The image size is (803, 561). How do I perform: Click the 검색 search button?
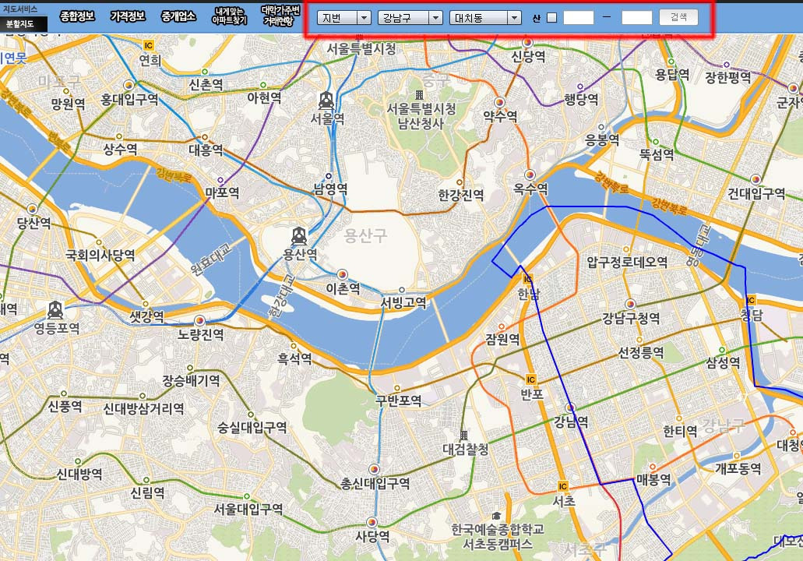pos(678,17)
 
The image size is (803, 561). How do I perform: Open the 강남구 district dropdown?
pos(410,17)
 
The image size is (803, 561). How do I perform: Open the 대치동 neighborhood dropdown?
pos(485,17)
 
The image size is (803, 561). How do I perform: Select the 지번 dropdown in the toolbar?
pos(343,17)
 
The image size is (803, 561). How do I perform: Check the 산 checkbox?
pos(552,18)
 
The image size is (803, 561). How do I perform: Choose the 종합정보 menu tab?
pos(77,16)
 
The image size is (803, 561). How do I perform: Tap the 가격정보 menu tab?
pos(127,16)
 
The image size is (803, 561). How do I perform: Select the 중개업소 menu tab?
pos(178,16)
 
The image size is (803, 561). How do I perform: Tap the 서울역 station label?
pos(327,118)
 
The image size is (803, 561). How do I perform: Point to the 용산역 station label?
pos(300,254)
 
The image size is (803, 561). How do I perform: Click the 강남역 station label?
pos(570,422)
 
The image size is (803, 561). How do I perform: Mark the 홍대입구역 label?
pos(129,100)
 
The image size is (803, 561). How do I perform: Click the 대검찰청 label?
pos(465,449)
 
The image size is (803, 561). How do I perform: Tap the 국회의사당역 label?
pos(100,255)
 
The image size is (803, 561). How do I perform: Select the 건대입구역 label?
pos(755,193)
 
